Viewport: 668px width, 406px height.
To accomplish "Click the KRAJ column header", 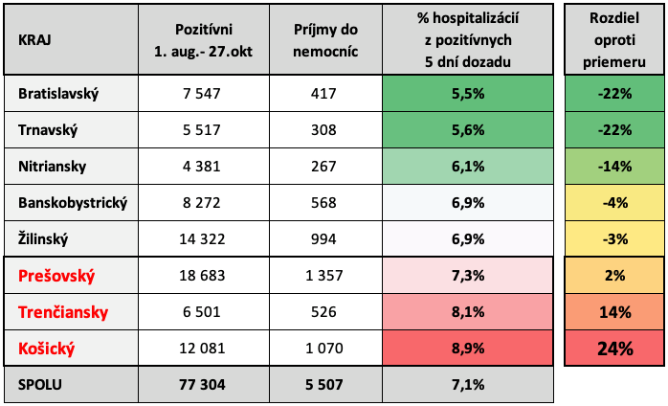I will coord(35,42).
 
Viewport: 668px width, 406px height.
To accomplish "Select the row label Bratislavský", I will coord(58,94).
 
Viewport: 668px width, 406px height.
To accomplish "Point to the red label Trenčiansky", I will coord(64,312).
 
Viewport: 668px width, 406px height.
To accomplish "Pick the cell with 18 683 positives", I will coord(203,276).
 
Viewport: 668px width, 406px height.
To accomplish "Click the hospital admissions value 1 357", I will coord(325,276).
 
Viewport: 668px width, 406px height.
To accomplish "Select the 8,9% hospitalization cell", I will coord(467,348).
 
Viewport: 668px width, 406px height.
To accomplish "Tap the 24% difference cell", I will coord(613,348).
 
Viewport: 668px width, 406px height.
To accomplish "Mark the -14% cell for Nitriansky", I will coord(613,167).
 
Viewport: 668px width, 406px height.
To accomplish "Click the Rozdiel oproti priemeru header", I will coord(613,42).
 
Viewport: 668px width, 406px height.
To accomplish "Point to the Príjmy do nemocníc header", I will coord(325,42).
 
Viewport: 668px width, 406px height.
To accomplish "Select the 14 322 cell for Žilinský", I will coord(203,239).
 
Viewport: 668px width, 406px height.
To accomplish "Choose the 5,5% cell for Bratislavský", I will coord(467,94).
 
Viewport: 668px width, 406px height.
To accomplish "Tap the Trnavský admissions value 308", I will coord(325,130).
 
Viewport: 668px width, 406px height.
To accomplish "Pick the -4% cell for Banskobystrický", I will coord(613,203).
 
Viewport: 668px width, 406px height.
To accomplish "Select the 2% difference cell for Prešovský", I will coord(613,276).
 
